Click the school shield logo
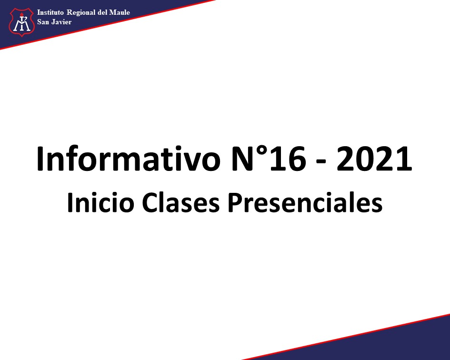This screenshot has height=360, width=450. (22, 22)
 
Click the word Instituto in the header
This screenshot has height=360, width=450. (50, 12)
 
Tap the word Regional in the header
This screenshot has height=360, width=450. (81, 13)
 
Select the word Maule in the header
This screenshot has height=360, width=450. (120, 12)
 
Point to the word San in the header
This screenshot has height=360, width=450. (43, 22)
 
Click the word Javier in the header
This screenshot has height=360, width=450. (61, 22)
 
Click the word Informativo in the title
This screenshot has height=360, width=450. (128, 159)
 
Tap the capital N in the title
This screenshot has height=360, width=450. (243, 160)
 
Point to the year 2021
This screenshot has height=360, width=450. (374, 160)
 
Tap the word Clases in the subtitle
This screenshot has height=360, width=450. (180, 202)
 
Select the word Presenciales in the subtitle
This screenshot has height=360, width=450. (305, 202)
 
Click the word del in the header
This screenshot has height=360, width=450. (102, 12)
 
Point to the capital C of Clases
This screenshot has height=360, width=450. (150, 202)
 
